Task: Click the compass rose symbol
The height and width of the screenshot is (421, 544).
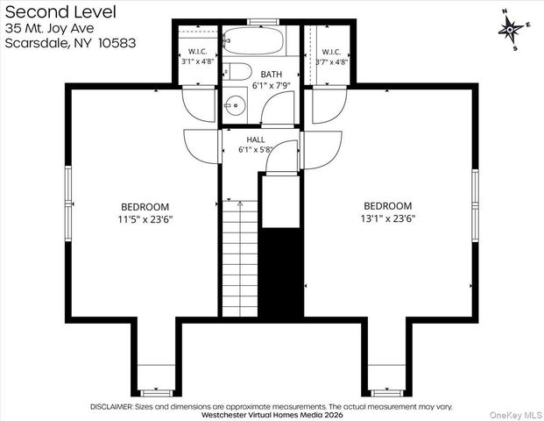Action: (511, 30)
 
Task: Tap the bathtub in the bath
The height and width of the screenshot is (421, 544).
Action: (254, 40)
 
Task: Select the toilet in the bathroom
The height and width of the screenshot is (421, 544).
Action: (237, 72)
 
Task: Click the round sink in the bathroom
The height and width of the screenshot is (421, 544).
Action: (236, 104)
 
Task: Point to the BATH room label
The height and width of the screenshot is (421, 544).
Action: (272, 75)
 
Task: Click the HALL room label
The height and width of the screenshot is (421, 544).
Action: (256, 139)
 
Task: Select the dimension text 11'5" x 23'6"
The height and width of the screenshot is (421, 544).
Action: (145, 219)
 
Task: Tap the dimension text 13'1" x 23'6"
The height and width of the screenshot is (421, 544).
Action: (388, 218)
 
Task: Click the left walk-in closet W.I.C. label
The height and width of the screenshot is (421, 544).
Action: (198, 52)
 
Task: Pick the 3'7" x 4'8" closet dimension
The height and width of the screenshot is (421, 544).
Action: (331, 62)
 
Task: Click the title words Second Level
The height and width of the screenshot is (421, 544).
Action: (60, 11)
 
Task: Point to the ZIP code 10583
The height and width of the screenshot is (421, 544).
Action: (117, 43)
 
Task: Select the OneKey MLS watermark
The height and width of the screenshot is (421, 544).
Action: (516, 415)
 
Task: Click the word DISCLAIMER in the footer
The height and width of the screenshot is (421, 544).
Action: (111, 406)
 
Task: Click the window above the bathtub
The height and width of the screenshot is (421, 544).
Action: (264, 22)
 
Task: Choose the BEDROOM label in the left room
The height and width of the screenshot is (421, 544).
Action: (145, 207)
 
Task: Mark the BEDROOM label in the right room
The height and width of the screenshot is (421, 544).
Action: (388, 206)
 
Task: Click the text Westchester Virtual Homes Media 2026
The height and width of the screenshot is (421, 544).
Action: (272, 415)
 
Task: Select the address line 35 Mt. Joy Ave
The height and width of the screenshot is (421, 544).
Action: (49, 28)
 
